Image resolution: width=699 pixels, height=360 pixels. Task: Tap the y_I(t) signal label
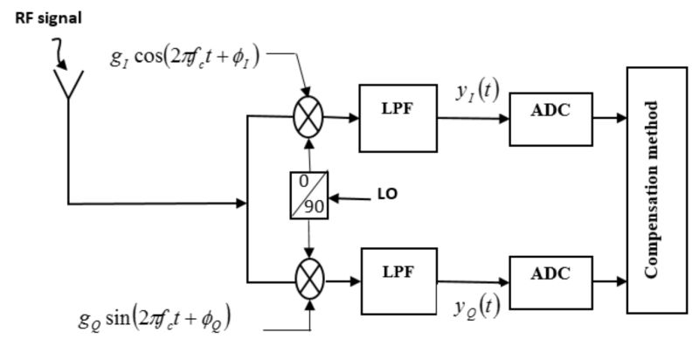tap(472, 89)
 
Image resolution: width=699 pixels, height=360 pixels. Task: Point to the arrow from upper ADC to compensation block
tap(608, 114)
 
